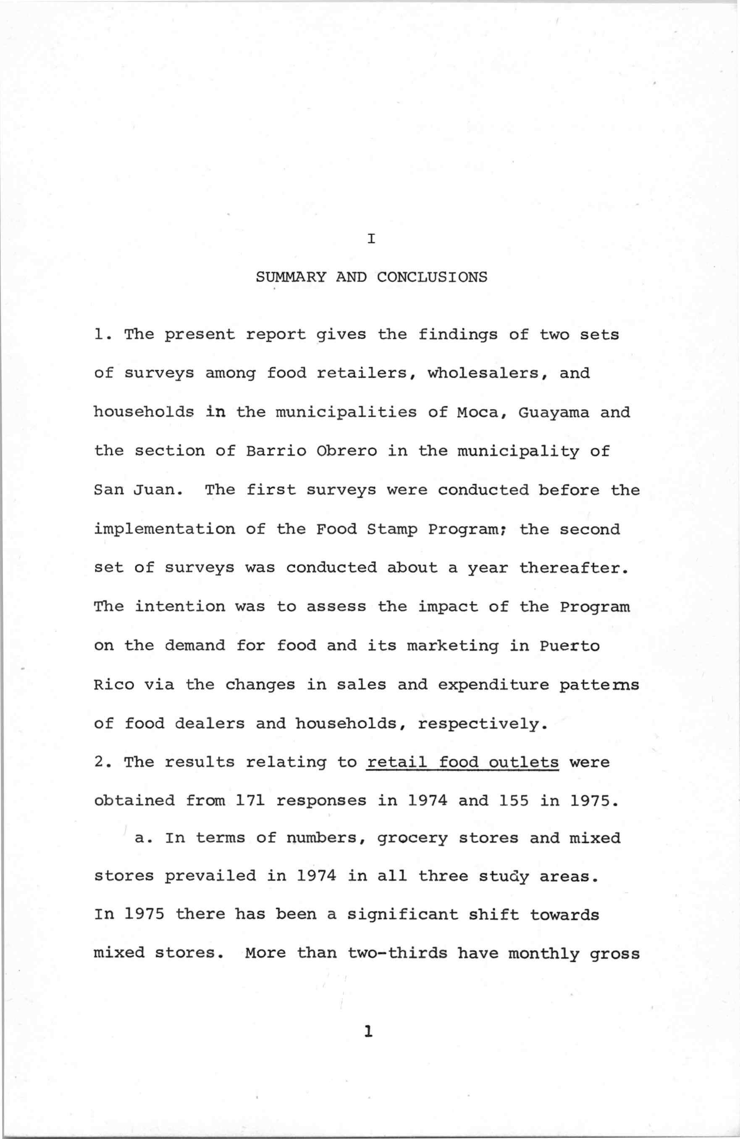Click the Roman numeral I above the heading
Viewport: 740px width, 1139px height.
(371, 238)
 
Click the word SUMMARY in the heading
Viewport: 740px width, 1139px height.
(291, 277)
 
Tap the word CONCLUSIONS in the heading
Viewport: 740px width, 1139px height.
(432, 277)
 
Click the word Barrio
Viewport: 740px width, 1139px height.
(276, 451)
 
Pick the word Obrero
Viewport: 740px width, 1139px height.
(346, 451)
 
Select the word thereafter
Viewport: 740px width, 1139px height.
(572, 568)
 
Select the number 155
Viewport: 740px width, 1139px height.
(513, 801)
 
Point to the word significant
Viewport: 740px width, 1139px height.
(402, 915)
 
